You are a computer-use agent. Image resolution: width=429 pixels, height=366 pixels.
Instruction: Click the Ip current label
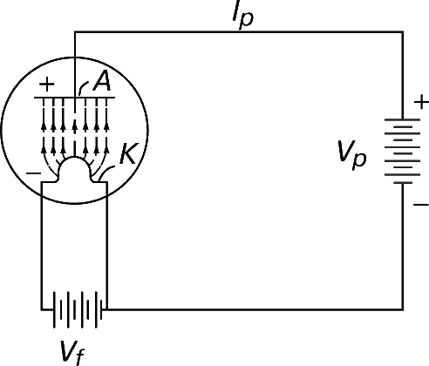[x=243, y=16]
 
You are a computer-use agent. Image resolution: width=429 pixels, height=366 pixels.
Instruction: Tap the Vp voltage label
[x=352, y=155]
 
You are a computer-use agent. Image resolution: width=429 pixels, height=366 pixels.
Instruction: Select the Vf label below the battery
[x=72, y=353]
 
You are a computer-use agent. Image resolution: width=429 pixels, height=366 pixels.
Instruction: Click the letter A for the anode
[x=102, y=81]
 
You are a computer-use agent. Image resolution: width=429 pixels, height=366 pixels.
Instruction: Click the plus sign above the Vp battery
[x=421, y=103]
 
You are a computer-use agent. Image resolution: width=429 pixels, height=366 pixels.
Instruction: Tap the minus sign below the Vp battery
[x=421, y=205]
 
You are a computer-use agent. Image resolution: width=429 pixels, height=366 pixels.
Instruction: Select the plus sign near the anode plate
[x=46, y=85]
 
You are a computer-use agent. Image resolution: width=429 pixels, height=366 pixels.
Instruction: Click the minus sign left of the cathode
[x=34, y=173]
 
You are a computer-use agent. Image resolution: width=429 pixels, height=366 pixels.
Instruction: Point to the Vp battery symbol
[x=403, y=151]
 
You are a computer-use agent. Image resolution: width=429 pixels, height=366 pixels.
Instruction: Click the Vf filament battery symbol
[x=78, y=309]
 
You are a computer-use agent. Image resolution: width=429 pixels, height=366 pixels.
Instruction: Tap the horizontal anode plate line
[x=75, y=98]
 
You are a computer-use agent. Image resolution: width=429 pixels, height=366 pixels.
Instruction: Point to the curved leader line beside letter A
[x=83, y=86]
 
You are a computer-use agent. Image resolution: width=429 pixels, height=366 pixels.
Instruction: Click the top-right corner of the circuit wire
[x=403, y=31]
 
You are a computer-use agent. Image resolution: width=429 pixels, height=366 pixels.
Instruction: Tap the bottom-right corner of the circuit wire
[x=403, y=309]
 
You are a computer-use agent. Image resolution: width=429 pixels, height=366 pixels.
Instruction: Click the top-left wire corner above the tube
[x=75, y=31]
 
